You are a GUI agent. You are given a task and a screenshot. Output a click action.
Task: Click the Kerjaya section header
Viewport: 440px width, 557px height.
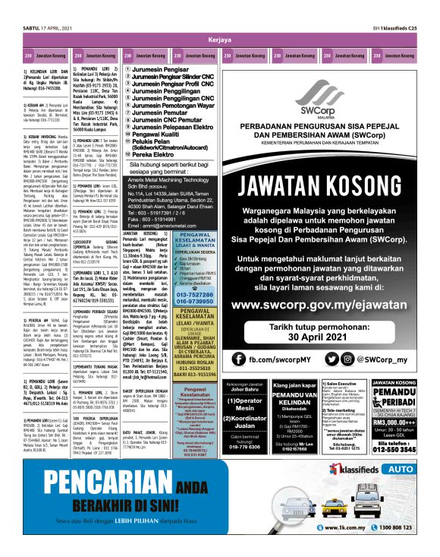(220, 40)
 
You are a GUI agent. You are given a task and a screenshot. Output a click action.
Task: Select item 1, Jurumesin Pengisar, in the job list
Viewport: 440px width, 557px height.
(165, 68)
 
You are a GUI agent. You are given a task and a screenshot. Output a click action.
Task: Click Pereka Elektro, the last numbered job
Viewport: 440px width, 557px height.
(156, 154)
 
